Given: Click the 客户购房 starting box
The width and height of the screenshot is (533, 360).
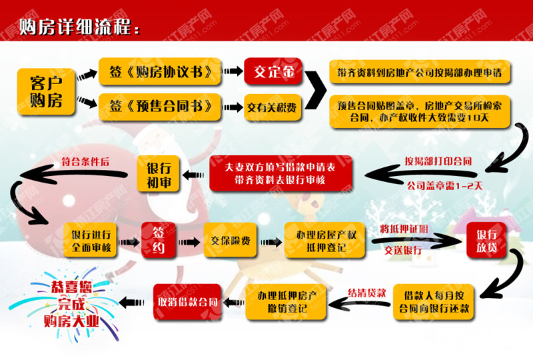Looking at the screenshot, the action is point(46,91).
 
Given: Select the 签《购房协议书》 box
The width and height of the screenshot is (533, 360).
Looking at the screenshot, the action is point(160,71).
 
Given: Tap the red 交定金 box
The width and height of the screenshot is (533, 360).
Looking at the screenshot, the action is point(273,71).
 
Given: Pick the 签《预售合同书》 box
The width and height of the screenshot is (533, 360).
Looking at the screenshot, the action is point(160,107).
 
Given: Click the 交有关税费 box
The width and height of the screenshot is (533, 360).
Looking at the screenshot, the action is point(272,107).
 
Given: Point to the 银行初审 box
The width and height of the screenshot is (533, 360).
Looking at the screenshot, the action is point(159,174).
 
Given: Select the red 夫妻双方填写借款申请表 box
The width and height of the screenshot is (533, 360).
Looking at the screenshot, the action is point(280,173).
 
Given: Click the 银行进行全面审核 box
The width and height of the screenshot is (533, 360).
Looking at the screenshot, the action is point(91,240).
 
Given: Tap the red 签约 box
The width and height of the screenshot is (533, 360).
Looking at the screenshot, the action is point(159,240).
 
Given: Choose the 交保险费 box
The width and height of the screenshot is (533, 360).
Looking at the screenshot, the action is point(230,240).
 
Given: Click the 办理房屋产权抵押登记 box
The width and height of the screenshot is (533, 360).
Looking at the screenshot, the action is point(324,241).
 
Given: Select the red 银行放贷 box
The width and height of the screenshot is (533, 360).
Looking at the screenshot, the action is point(486,240).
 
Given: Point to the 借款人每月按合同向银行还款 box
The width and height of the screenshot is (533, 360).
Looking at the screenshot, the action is point(434,302).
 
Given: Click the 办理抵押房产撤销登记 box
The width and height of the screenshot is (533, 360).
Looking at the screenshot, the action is point(286,302).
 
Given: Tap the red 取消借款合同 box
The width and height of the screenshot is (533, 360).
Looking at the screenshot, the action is point(187,302).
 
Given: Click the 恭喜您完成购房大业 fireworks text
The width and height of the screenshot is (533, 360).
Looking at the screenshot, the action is point(71,304).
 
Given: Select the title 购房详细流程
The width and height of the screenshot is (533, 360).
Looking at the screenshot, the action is point(79,27).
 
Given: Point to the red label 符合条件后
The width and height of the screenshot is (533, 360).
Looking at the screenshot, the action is point(85,161).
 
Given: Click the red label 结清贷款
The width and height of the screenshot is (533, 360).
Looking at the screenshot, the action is point(367,293).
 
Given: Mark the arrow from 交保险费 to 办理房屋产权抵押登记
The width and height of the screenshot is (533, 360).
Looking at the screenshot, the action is point(271,242).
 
